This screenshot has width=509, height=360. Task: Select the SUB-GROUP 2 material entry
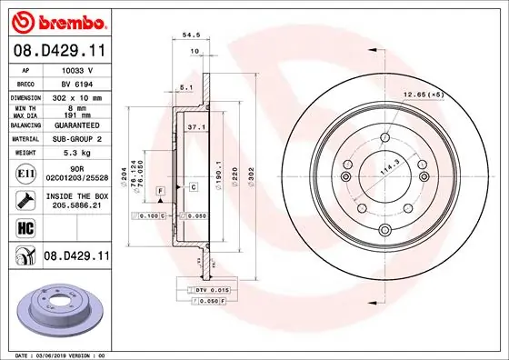click(x=75, y=138)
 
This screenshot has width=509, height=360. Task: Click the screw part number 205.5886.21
click(x=75, y=206)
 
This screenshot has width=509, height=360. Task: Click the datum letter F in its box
click(x=161, y=187)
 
